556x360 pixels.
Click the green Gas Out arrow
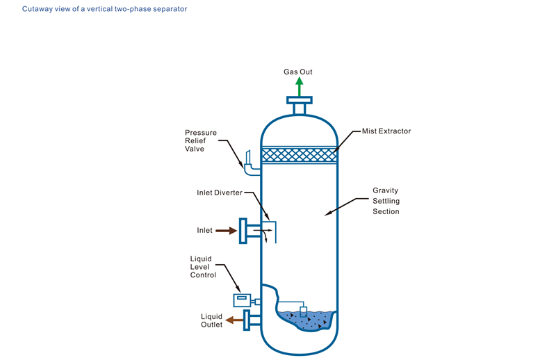pyautogui.click(x=299, y=87)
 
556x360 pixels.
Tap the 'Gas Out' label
pyautogui.click(x=298, y=72)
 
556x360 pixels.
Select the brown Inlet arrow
pyautogui.click(x=226, y=230)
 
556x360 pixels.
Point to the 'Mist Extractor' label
pyautogui.click(x=386, y=131)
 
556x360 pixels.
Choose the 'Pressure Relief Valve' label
pyautogui.click(x=200, y=140)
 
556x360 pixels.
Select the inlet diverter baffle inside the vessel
pyautogui.click(x=275, y=231)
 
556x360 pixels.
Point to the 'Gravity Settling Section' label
pyautogui.click(x=386, y=200)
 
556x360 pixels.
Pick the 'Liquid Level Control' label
pyautogui.click(x=203, y=267)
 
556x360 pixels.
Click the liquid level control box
pyautogui.click(x=242, y=300)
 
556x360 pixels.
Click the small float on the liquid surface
pyautogui.click(x=303, y=310)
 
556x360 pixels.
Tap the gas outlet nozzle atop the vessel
pyautogui.click(x=299, y=107)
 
